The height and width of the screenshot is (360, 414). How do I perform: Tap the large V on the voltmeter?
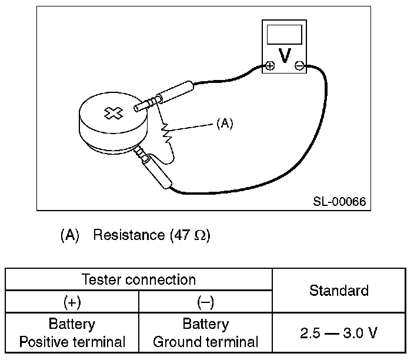(285, 56)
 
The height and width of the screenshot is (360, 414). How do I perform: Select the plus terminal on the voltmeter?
(269, 65)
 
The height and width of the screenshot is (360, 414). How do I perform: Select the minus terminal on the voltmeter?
(299, 65)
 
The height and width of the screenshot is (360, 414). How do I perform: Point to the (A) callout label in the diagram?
(225, 124)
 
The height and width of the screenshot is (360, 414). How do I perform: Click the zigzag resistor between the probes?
(168, 132)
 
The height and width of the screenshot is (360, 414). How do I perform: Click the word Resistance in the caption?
(129, 235)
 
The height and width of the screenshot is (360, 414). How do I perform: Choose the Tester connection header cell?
(139, 280)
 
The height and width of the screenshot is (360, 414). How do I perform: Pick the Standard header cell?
(339, 291)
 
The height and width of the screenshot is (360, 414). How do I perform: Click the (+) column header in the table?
(72, 302)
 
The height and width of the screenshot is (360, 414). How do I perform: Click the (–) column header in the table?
(205, 302)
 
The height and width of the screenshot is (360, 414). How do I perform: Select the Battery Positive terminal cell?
(72, 332)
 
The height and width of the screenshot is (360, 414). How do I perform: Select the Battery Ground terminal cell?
(205, 332)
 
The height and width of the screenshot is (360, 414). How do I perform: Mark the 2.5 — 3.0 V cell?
(339, 332)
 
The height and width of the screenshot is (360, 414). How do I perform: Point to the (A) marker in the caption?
(69, 235)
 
